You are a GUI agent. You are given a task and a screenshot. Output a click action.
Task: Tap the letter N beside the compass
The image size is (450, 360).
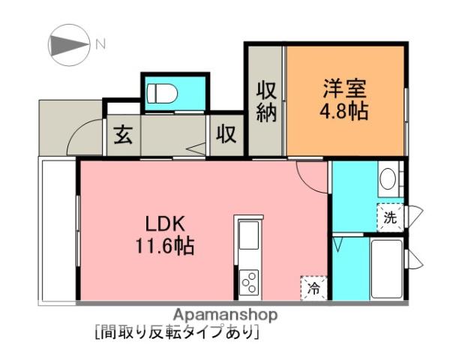(100, 44)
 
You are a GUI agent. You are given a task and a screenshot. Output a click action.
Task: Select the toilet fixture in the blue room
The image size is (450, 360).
(162, 94)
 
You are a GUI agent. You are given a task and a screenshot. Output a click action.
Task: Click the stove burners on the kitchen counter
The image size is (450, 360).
(248, 283)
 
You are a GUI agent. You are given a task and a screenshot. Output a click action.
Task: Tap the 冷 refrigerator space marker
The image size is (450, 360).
(313, 287)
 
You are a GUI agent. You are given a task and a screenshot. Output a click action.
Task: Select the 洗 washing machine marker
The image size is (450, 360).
(390, 217)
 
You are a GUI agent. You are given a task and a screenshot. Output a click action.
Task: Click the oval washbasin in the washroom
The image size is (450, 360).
(388, 178)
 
